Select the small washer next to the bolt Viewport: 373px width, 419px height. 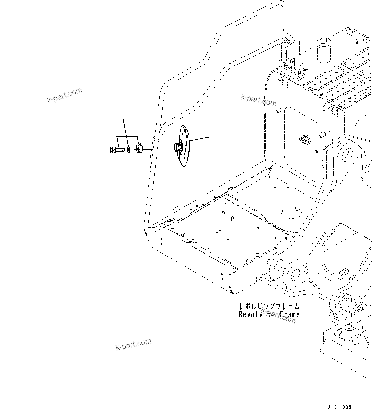tap(129, 150)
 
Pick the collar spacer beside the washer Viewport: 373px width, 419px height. tap(139, 149)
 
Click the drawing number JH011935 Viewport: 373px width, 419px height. tap(339, 407)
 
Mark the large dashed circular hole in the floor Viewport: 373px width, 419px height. tap(292, 212)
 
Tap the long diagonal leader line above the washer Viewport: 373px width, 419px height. tap(126, 132)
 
